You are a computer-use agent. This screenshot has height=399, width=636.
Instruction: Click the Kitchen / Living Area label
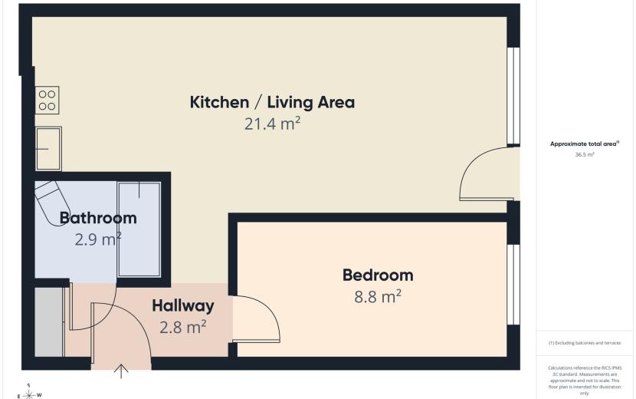click(x=272, y=102)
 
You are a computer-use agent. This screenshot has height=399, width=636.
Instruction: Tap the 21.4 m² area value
click(x=272, y=124)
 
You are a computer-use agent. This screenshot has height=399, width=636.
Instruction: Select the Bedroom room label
click(x=378, y=275)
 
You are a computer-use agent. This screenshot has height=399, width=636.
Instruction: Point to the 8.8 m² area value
click(x=378, y=296)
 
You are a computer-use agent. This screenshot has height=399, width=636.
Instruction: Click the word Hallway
click(x=183, y=306)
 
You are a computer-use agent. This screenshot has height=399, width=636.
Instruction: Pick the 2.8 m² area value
click(x=183, y=327)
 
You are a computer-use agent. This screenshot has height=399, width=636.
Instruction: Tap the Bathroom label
click(x=98, y=218)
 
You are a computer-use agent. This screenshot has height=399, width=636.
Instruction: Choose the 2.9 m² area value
click(x=98, y=239)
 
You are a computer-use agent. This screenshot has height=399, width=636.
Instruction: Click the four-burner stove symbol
click(x=47, y=100)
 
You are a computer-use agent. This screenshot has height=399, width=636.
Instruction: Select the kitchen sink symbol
click(x=49, y=149)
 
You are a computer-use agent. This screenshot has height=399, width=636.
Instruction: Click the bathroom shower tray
click(x=139, y=229)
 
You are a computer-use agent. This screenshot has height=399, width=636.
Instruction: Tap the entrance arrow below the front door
click(x=121, y=371)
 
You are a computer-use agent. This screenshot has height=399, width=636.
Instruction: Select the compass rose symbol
click(x=29, y=394)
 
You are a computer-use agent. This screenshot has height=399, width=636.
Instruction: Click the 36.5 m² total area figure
click(x=585, y=154)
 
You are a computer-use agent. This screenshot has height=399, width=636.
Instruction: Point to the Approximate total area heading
click(x=585, y=143)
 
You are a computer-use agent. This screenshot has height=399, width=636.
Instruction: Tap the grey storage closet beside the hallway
click(x=49, y=322)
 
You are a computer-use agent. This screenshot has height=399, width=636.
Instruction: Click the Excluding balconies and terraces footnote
click(x=585, y=343)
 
